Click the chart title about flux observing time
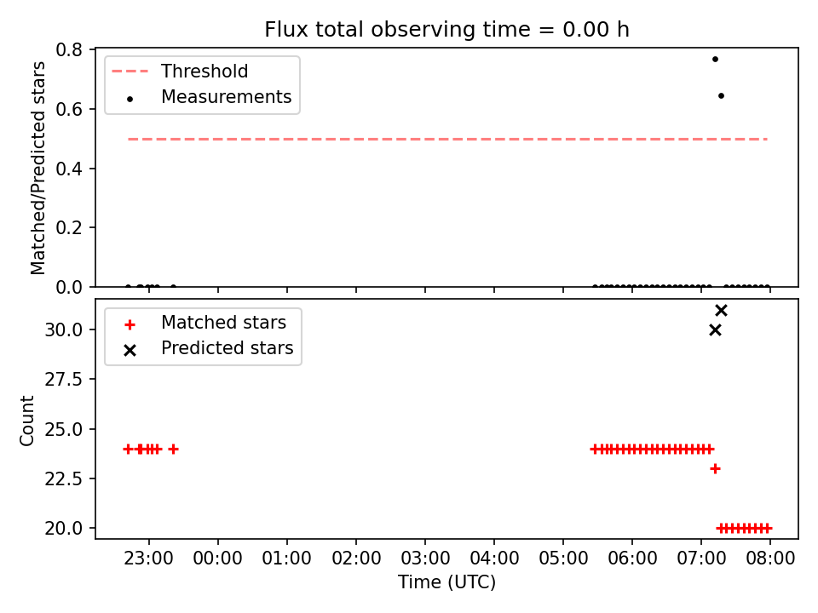tap(446, 29)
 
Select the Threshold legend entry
tap(180, 71)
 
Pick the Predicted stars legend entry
tap(208, 348)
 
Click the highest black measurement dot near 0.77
tap(715, 60)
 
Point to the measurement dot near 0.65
tap(721, 96)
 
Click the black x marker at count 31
tap(721, 311)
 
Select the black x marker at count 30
tap(715, 330)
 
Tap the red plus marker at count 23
tap(715, 468)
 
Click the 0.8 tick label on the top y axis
tap(69, 50)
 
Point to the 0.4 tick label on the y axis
tap(69, 169)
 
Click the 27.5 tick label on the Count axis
tap(64, 380)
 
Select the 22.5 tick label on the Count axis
tap(64, 478)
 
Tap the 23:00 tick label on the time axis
tap(148, 559)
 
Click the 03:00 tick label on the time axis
tap(425, 559)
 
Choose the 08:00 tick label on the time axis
tap(770, 559)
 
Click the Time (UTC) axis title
tap(446, 581)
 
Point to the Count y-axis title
tap(26, 421)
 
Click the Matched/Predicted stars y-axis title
tap(37, 168)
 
